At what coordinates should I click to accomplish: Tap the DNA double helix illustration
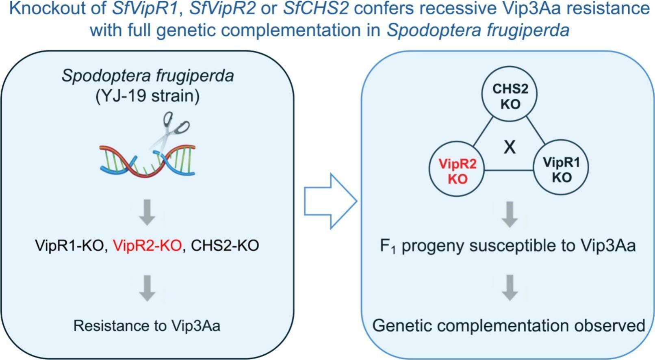point(147,161)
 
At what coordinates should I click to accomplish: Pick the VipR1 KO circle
point(561,167)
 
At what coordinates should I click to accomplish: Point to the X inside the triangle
point(510,147)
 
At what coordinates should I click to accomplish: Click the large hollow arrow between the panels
point(330,201)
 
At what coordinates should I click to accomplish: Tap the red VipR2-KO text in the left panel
point(147,245)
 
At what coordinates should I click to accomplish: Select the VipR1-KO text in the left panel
point(69,245)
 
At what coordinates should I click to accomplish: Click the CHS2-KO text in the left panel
point(225,245)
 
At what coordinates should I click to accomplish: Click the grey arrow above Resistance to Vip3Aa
point(147,288)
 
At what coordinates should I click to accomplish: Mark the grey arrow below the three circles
point(510,215)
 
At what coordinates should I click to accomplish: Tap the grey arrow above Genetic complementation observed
point(510,288)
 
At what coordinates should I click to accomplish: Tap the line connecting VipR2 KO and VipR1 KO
point(509,170)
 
